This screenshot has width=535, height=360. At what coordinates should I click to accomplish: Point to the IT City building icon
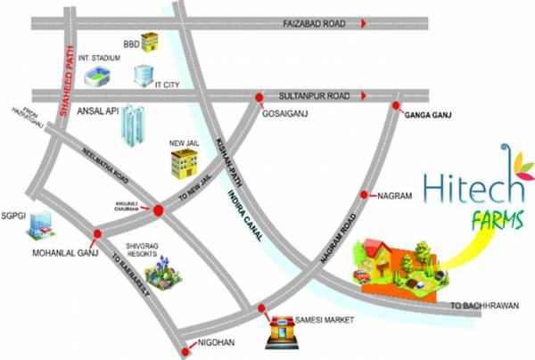pyautogui.click(x=144, y=76)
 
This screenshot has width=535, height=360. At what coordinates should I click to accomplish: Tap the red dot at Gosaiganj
pyautogui.click(x=259, y=97)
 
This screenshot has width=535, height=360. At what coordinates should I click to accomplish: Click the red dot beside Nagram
pyautogui.click(x=364, y=194)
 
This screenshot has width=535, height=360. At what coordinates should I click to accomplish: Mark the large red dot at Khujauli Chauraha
pyautogui.click(x=158, y=211)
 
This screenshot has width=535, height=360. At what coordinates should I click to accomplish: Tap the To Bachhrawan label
pyautogui.click(x=483, y=306)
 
